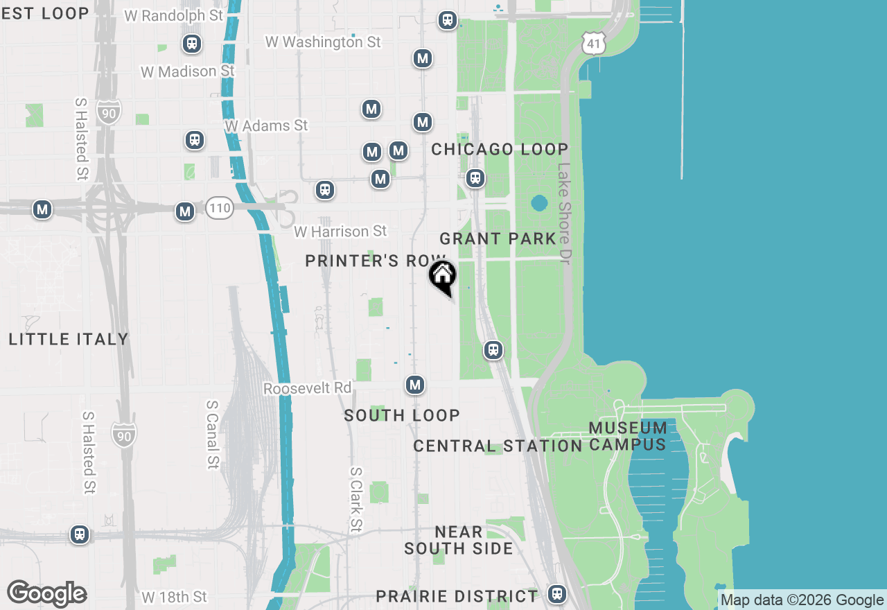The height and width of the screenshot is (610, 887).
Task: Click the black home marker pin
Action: point(442,277)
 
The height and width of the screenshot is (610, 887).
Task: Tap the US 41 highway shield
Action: point(595,44)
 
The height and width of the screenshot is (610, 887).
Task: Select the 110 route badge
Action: point(219,207)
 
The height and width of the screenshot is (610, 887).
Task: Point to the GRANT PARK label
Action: point(498,239)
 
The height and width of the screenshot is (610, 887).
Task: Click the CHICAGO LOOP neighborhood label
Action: point(499,150)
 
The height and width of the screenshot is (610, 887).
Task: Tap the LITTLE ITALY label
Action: point(69,339)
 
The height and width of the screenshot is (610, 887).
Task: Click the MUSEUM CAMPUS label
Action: point(629,436)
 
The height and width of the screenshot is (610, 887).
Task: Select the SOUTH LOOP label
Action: point(402,415)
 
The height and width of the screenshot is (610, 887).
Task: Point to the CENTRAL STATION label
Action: point(498,446)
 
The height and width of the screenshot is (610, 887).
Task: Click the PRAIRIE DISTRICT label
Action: point(456,596)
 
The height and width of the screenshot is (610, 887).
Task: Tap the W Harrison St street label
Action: point(340,232)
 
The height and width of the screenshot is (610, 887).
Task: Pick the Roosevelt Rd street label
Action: point(307,388)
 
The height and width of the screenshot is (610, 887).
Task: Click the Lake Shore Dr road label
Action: point(565,214)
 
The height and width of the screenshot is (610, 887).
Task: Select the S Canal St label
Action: point(213,433)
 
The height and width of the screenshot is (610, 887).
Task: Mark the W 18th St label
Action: point(174,597)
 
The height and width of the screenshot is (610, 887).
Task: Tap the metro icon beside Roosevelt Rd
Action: point(415,385)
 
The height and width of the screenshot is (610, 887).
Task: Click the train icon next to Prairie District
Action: point(556,594)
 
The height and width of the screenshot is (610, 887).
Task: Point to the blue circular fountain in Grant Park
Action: point(539,204)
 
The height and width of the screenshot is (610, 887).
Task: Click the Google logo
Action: point(46,594)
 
